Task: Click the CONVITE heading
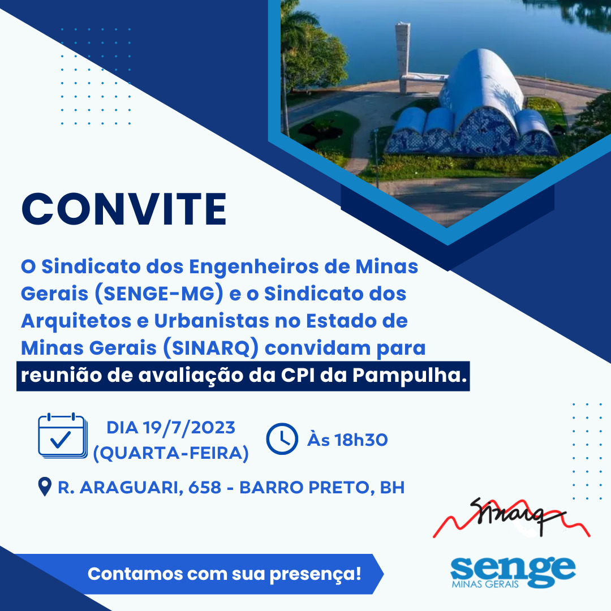pos(124,209)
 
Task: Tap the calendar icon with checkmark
pos(62,436)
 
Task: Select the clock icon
pos(282,438)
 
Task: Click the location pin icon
pos(45,487)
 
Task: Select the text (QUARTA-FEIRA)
pos(170,453)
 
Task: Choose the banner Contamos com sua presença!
pos(224,574)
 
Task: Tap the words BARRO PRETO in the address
pos(304,487)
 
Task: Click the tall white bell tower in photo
pos(402,57)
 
